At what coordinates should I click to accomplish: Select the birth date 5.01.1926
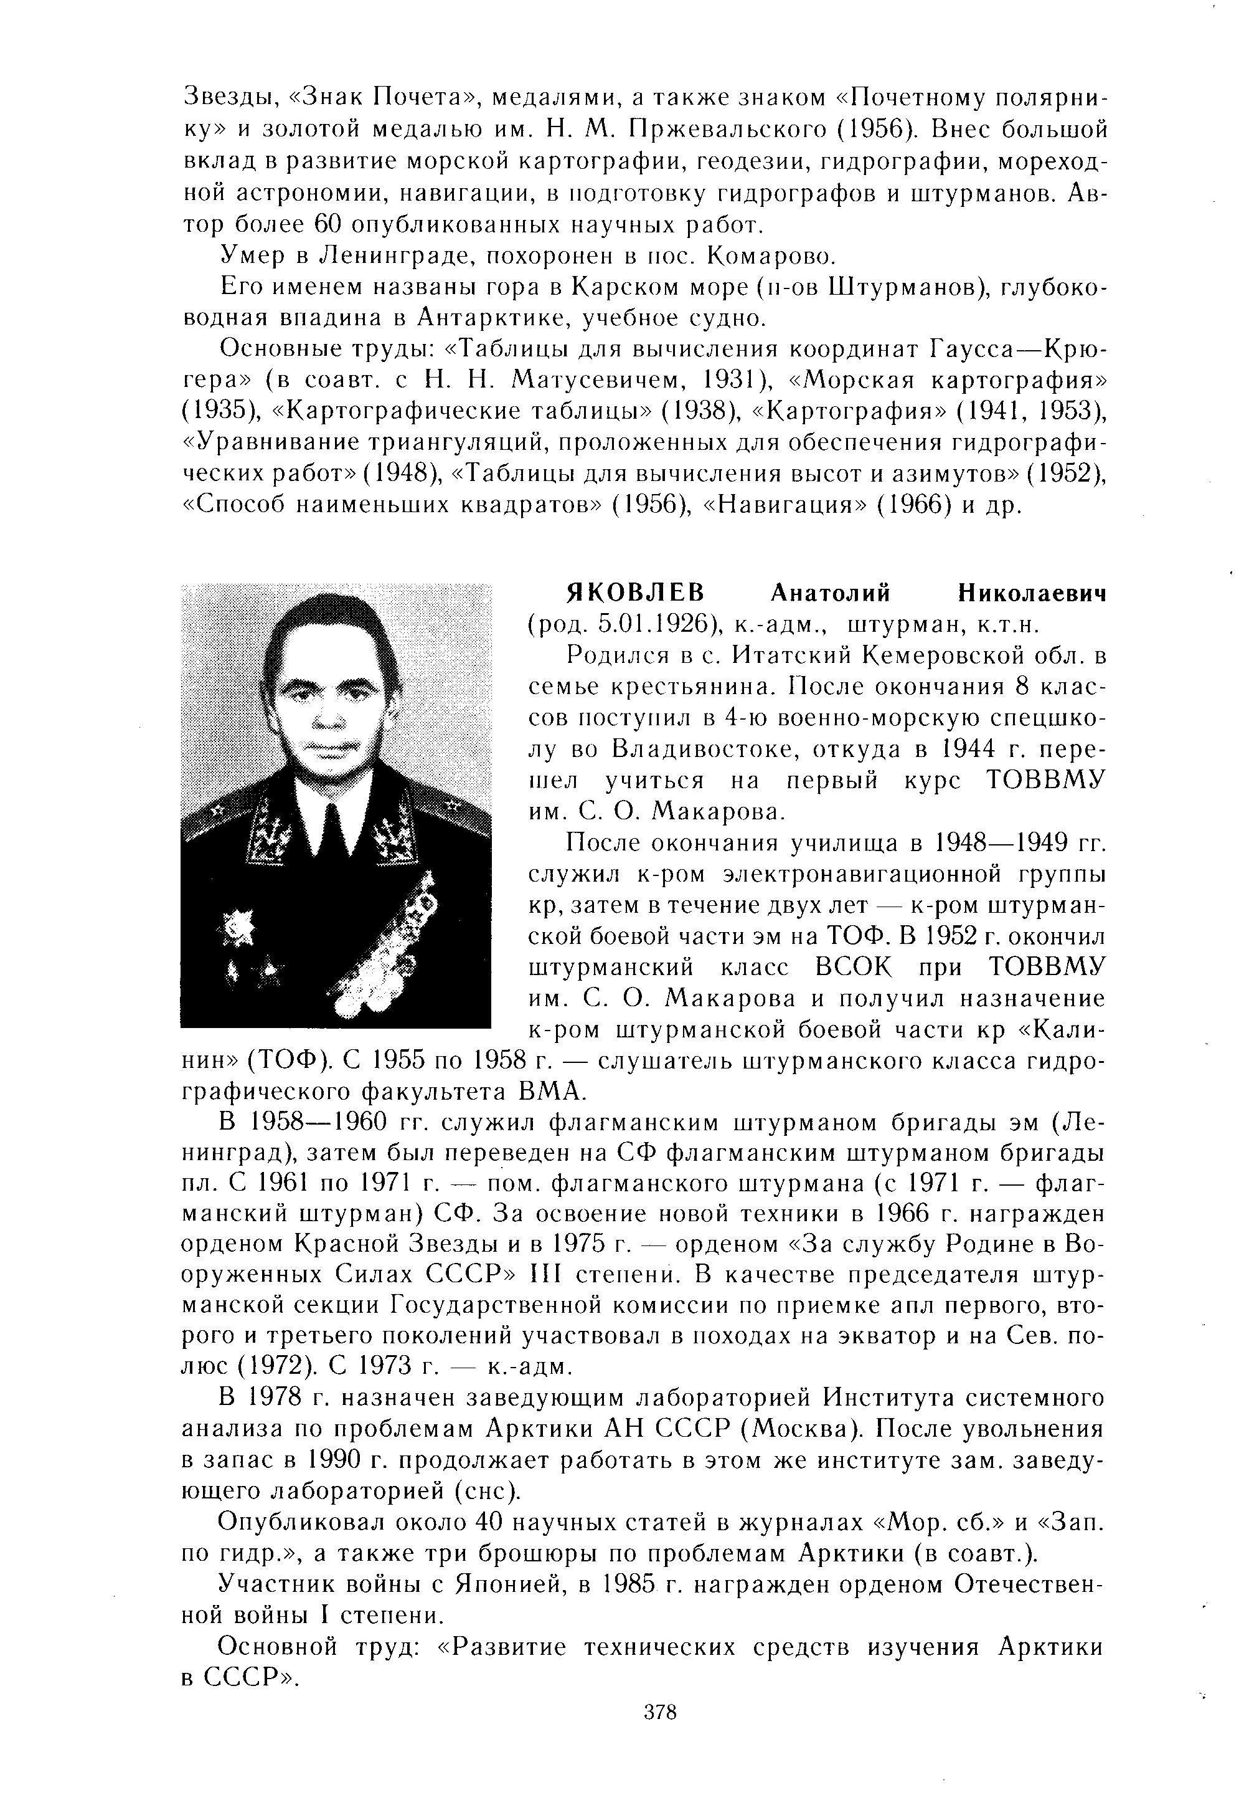pyautogui.click(x=657, y=625)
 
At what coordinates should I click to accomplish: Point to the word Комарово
pyautogui.click(x=764, y=256)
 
